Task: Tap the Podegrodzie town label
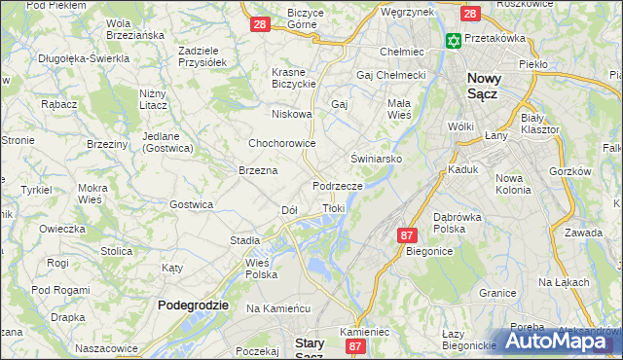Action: coord(193,305)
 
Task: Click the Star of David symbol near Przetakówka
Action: coord(452,41)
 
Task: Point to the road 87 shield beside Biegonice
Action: coord(407,235)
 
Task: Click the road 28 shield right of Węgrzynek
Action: coord(469,14)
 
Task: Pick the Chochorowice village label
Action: coord(282,142)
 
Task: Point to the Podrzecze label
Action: coord(338,185)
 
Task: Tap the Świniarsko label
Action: coord(376,157)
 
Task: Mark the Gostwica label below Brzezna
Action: coord(192,204)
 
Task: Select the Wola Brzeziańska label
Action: coord(134,29)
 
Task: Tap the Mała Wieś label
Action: coord(399,108)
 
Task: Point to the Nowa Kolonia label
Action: coord(514,184)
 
